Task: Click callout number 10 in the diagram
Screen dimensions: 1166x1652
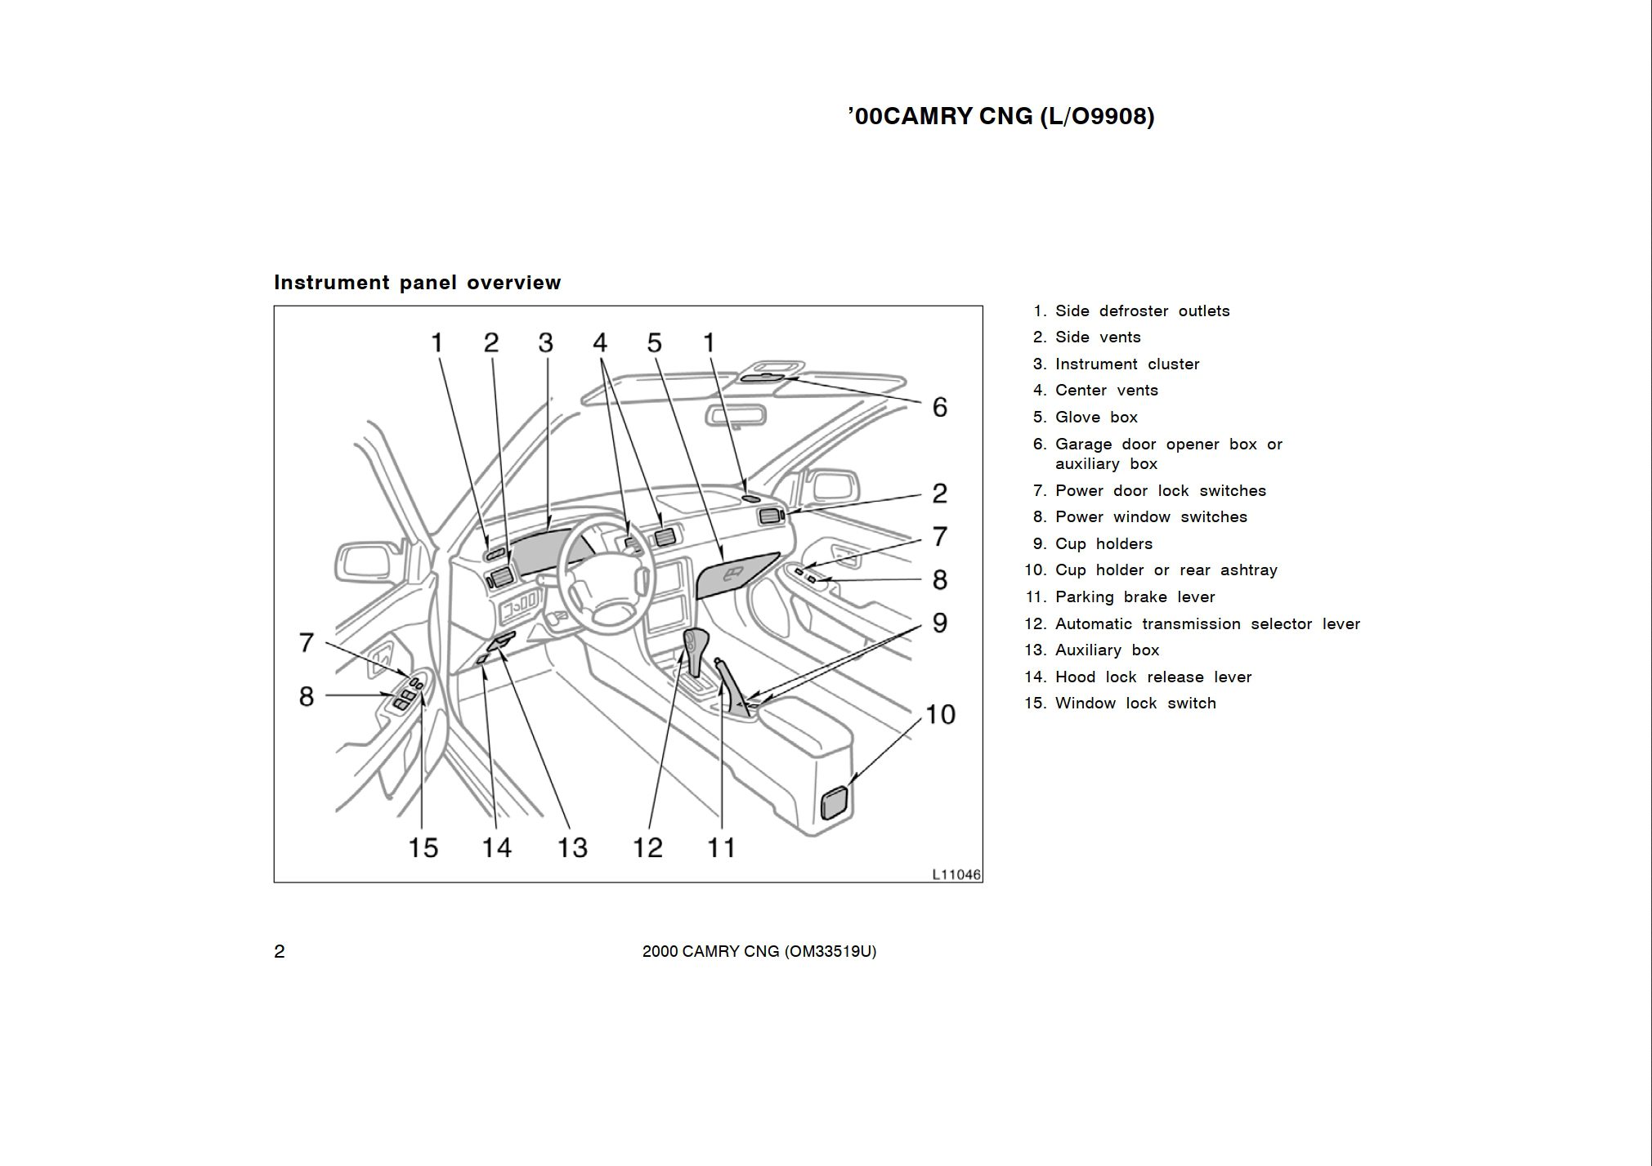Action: point(940,714)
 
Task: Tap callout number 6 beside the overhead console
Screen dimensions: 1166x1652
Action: point(940,407)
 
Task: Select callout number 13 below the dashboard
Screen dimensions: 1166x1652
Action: point(572,847)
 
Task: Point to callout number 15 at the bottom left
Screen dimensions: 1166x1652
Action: point(423,847)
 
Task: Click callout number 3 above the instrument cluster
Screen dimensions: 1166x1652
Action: point(545,342)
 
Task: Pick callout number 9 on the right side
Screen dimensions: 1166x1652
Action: point(940,623)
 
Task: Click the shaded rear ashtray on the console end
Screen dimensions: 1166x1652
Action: point(835,802)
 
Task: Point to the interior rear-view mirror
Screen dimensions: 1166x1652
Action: point(736,417)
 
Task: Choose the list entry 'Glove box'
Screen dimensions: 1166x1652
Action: point(1095,418)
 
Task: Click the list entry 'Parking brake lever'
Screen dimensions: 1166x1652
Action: point(1135,597)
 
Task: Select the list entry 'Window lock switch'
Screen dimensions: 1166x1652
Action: point(1135,704)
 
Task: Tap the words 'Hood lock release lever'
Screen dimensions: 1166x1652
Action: point(1153,677)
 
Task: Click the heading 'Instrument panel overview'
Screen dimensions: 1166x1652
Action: point(418,283)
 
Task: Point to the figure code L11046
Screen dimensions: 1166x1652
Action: point(956,874)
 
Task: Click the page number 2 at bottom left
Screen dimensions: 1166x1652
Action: point(280,951)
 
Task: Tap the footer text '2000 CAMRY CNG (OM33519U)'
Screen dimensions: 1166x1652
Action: point(759,951)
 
